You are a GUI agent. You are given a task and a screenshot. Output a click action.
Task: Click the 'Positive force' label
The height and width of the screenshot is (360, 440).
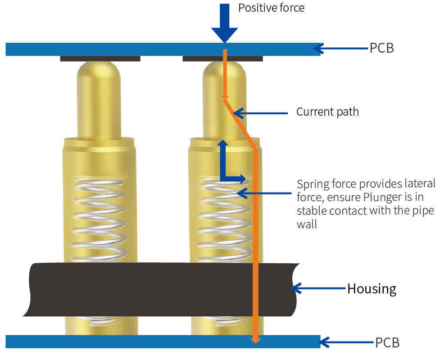[271, 8]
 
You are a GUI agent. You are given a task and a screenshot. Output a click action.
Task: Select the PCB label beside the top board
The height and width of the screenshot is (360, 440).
[381, 48]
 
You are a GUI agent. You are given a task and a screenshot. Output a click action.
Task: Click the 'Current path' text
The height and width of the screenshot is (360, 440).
[327, 112]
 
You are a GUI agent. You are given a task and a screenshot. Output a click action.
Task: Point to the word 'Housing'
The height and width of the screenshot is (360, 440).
[372, 288]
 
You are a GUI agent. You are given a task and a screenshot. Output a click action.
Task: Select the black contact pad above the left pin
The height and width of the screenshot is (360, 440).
[100, 58]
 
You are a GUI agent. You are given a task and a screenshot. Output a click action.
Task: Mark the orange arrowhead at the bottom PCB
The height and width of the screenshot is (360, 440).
[255, 339]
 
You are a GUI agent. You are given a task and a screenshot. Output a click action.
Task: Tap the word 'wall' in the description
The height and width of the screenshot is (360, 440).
[307, 224]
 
